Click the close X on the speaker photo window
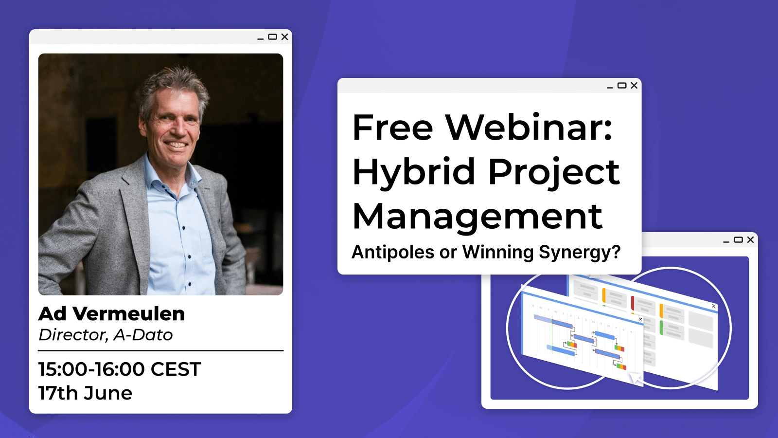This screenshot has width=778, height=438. pyautogui.click(x=284, y=37)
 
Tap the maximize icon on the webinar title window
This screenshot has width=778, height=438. pyautogui.click(x=622, y=86)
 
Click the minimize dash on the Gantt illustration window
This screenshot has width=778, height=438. pyautogui.click(x=726, y=242)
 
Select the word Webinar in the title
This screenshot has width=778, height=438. pyautogui.click(x=529, y=128)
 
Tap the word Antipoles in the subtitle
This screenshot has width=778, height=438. pyautogui.click(x=393, y=252)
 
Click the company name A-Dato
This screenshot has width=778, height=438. pyautogui.click(x=143, y=335)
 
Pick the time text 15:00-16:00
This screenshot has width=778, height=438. pyautogui.click(x=91, y=369)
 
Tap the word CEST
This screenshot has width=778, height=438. pyautogui.click(x=176, y=369)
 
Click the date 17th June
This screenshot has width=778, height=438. pyautogui.click(x=85, y=393)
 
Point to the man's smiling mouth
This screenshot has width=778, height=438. pyautogui.click(x=176, y=144)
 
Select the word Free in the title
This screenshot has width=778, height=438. pyautogui.click(x=392, y=128)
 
